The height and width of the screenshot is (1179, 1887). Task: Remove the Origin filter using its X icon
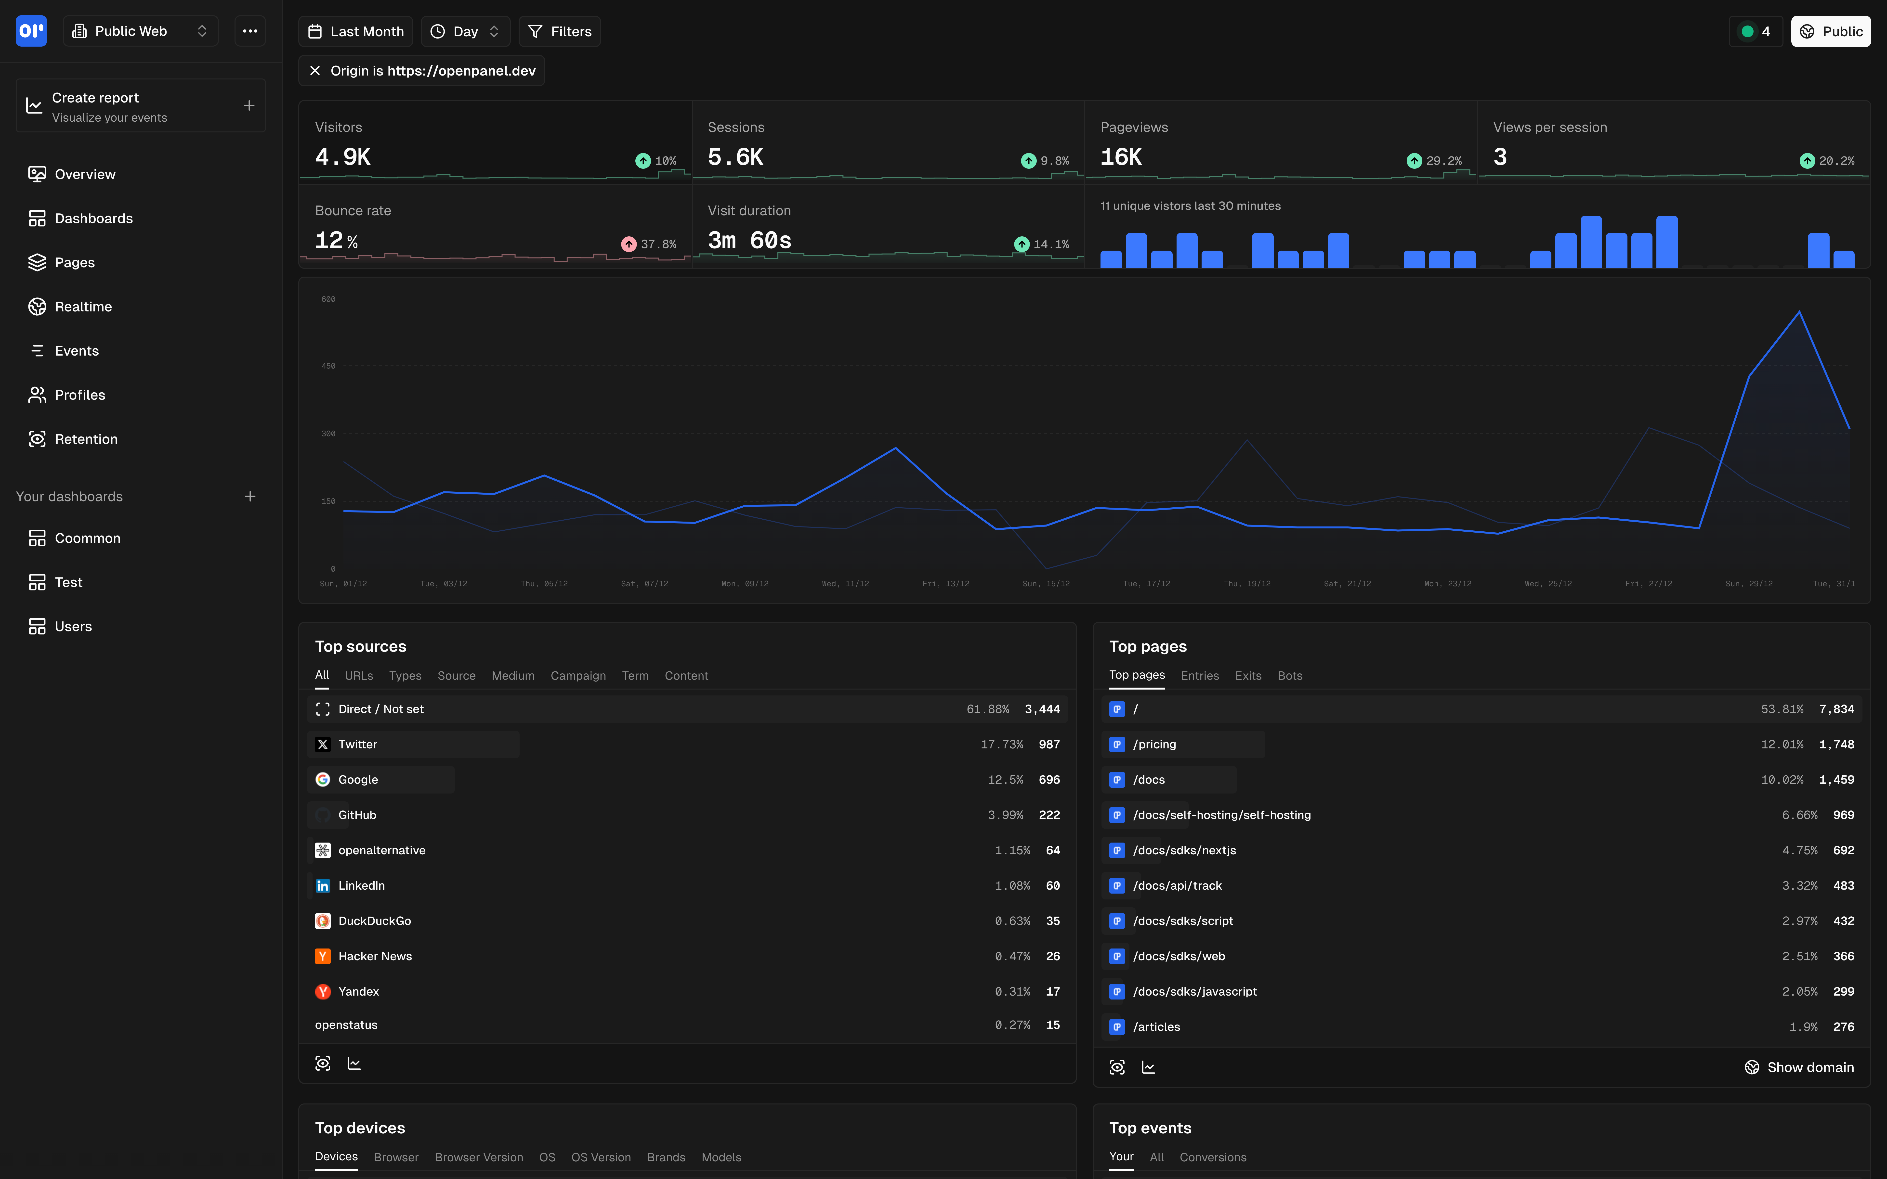click(x=315, y=71)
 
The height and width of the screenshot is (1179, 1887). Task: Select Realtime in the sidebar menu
click(x=83, y=307)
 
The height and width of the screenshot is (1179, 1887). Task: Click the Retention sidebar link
click(x=86, y=439)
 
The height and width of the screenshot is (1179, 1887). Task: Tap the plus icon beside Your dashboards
click(x=250, y=497)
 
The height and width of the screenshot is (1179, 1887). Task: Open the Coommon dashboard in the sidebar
click(x=87, y=538)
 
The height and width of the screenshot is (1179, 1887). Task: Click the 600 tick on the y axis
click(x=328, y=299)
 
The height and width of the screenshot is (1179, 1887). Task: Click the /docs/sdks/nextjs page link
click(x=1184, y=850)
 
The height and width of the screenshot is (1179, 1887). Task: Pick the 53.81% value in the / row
click(x=1782, y=709)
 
